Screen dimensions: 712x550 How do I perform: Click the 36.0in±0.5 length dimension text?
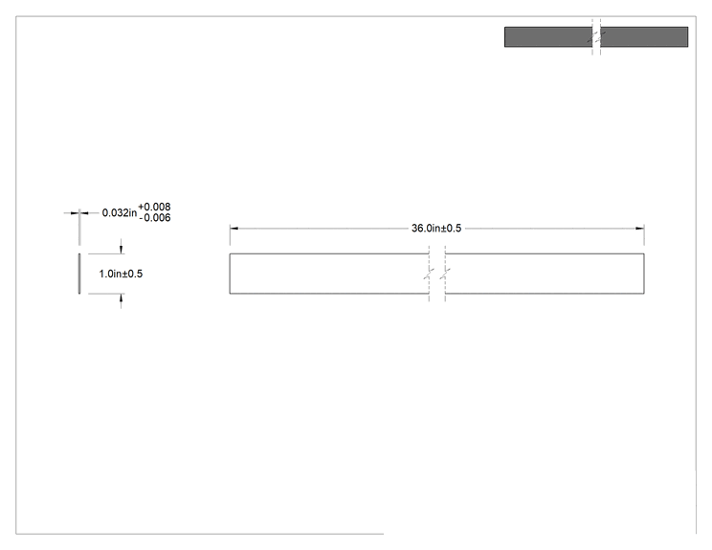436,229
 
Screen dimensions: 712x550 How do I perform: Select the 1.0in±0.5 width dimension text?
121,274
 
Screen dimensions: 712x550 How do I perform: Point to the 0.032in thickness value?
120,213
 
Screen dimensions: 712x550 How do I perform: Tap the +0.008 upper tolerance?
154,207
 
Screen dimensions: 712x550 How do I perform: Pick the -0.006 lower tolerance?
155,218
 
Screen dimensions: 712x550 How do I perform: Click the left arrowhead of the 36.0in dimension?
234,229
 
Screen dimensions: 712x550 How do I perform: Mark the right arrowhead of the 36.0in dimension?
640,229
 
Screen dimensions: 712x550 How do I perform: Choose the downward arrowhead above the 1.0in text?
121,249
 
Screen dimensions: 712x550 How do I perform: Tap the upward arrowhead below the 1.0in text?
121,298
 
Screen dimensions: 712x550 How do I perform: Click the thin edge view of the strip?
79,274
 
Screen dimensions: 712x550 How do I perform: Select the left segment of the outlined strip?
329,274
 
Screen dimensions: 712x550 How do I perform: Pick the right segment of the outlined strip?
545,274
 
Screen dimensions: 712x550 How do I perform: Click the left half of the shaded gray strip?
548,36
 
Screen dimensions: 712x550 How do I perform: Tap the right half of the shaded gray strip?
644,36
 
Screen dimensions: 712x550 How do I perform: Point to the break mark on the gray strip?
596,36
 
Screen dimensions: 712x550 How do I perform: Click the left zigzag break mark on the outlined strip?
429,274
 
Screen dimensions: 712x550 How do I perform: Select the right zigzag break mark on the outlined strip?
445,274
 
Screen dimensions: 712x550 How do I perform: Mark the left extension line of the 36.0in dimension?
230,235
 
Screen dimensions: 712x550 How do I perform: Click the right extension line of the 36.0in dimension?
644,235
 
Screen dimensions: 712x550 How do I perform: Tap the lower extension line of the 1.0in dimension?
106,294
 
